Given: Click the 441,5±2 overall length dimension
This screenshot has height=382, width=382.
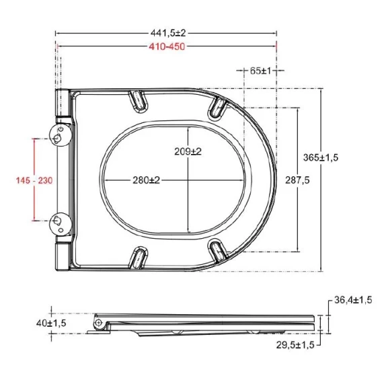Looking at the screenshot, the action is click(x=168, y=33).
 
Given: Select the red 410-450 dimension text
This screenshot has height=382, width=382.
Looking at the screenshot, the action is click(x=167, y=46).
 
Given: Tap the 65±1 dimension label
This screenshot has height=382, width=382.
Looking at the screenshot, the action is click(x=260, y=71).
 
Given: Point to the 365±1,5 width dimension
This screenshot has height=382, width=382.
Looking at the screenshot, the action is click(x=321, y=157).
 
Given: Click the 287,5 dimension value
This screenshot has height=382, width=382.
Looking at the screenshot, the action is click(x=297, y=180).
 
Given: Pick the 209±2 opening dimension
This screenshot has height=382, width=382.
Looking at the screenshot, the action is click(x=188, y=151).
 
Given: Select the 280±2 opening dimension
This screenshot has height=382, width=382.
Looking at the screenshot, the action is click(x=146, y=180).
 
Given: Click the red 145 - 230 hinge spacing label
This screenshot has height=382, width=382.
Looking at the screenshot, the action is click(x=34, y=180).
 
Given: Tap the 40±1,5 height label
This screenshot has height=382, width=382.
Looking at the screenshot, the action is click(x=51, y=323).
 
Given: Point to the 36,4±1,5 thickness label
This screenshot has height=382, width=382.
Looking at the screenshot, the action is click(x=353, y=300).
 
